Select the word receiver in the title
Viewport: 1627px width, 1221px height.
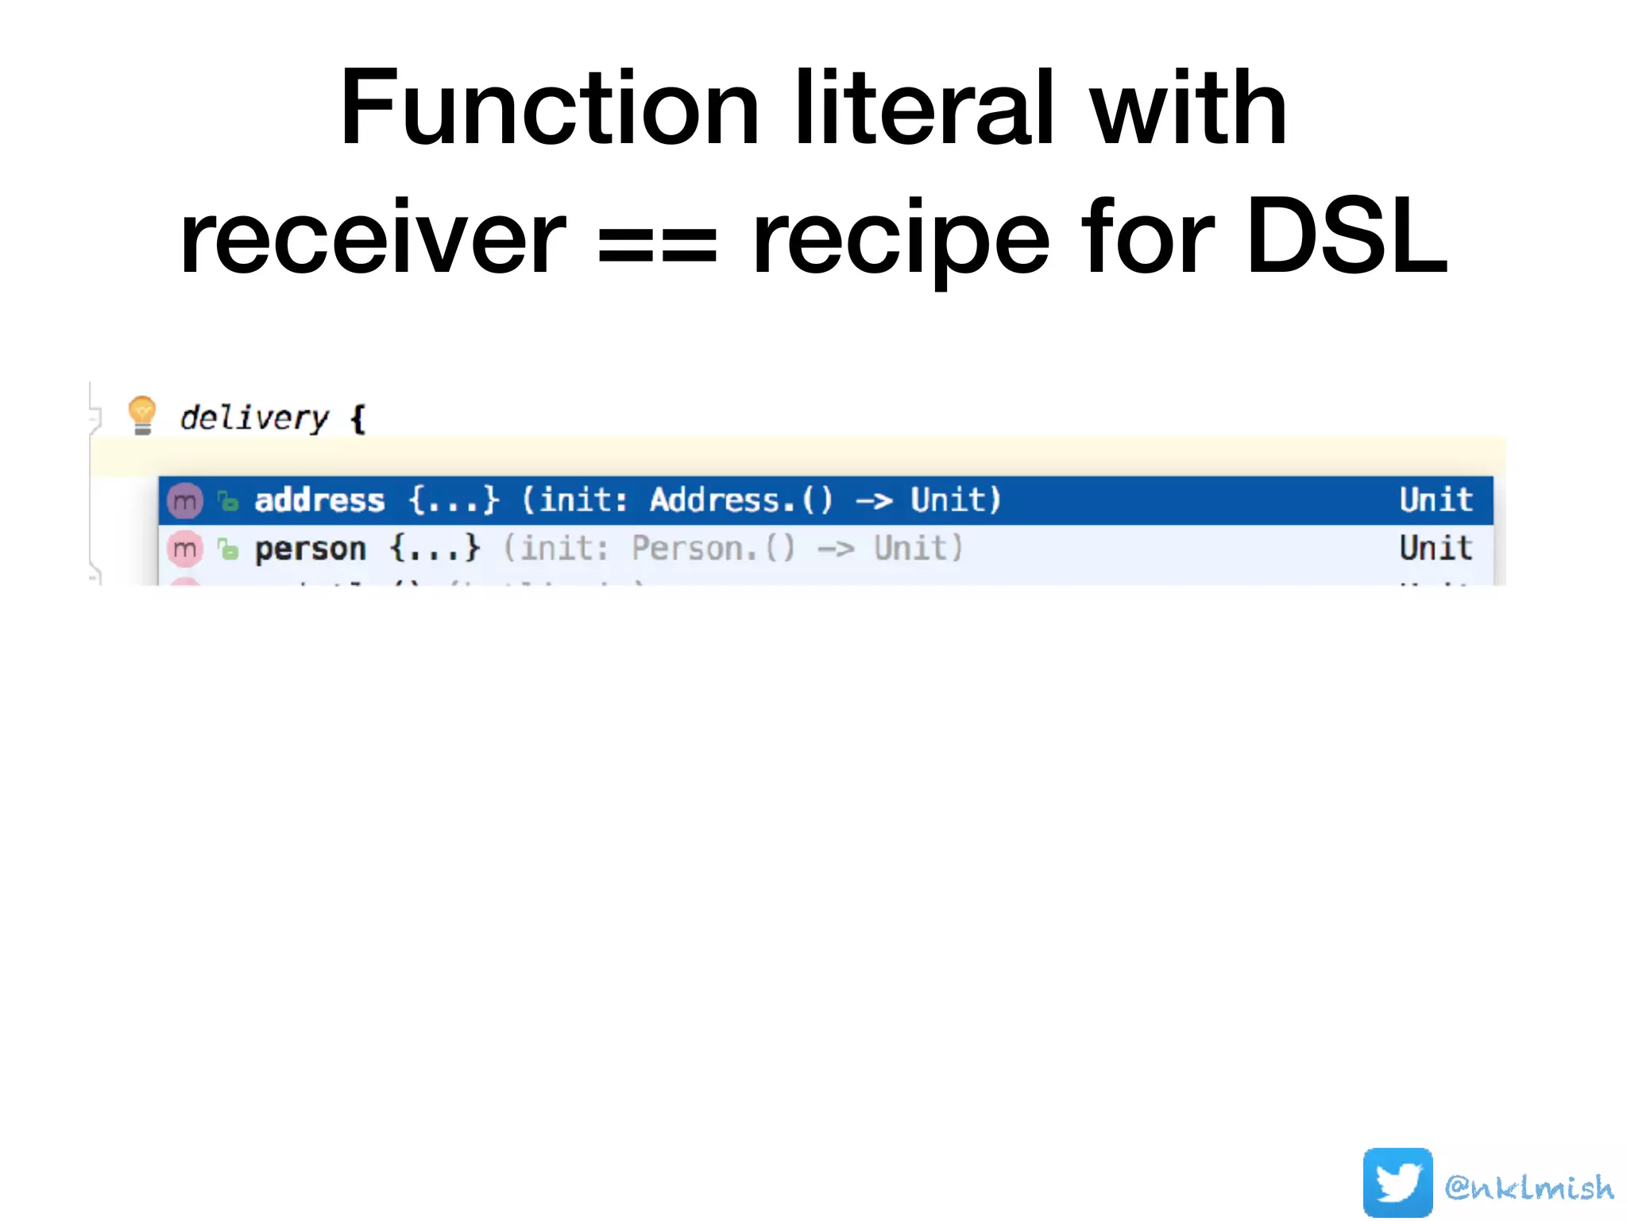(373, 238)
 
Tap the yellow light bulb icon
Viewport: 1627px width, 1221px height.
(142, 415)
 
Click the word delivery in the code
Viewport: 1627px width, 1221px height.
(253, 417)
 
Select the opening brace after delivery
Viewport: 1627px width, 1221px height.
(358, 418)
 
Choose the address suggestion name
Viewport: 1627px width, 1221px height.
(319, 500)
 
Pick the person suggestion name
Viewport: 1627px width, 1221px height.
(310, 548)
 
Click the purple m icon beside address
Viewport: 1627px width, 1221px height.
(185, 501)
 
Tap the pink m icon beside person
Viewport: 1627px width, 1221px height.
(185, 548)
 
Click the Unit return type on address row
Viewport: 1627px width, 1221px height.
(1436, 500)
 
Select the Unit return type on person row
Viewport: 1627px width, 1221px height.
(1436, 548)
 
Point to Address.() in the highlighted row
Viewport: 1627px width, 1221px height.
(741, 500)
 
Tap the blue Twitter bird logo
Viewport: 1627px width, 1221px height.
(1397, 1182)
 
